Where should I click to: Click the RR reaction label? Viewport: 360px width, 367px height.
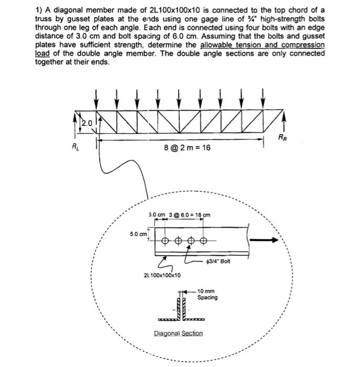click(x=282, y=138)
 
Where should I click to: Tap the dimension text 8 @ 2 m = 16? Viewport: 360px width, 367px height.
click(x=187, y=148)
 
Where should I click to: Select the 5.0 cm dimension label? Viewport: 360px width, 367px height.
click(x=138, y=234)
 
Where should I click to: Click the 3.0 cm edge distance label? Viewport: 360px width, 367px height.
click(x=156, y=215)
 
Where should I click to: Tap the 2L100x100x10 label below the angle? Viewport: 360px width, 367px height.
click(x=162, y=275)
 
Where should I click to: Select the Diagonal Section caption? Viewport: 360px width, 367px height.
click(x=178, y=333)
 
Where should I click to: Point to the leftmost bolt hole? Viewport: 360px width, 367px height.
click(x=165, y=241)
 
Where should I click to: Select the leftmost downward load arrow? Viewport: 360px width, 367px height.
click(x=96, y=98)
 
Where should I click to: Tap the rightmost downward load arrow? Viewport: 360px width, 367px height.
click(x=263, y=98)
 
